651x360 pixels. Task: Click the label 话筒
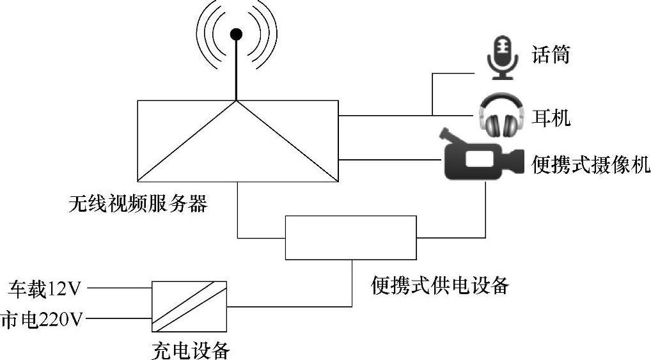551,55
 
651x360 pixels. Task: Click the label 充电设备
190,350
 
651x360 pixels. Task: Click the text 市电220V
42,318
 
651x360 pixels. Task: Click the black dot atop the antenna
237,33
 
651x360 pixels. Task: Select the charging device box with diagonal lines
189,306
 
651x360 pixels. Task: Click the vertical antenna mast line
237,70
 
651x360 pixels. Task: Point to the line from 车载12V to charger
119,289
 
